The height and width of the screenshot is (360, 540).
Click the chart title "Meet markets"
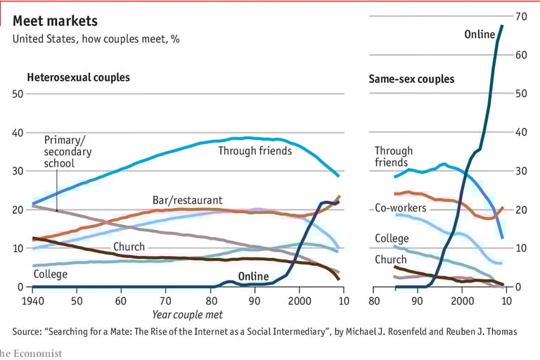coord(55,22)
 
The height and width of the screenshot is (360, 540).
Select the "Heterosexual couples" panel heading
coord(78,77)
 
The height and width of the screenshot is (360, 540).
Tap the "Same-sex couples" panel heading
coord(411,79)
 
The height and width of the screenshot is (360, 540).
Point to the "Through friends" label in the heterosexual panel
coord(255,150)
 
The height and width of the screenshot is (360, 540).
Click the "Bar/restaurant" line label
coord(187,200)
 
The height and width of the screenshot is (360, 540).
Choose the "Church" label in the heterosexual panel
coord(129,247)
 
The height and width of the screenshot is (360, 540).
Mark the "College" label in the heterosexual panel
coord(51,274)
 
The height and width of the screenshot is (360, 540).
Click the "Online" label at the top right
coord(480,34)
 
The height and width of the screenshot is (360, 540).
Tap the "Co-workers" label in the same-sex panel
coord(401,208)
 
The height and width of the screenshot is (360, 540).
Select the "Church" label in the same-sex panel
coord(390,259)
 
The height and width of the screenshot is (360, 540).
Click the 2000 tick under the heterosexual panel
coord(299,301)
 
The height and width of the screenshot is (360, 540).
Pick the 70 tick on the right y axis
coord(522,15)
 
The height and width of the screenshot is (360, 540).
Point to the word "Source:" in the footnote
coord(30,331)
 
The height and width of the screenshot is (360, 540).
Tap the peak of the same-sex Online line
coord(502,26)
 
